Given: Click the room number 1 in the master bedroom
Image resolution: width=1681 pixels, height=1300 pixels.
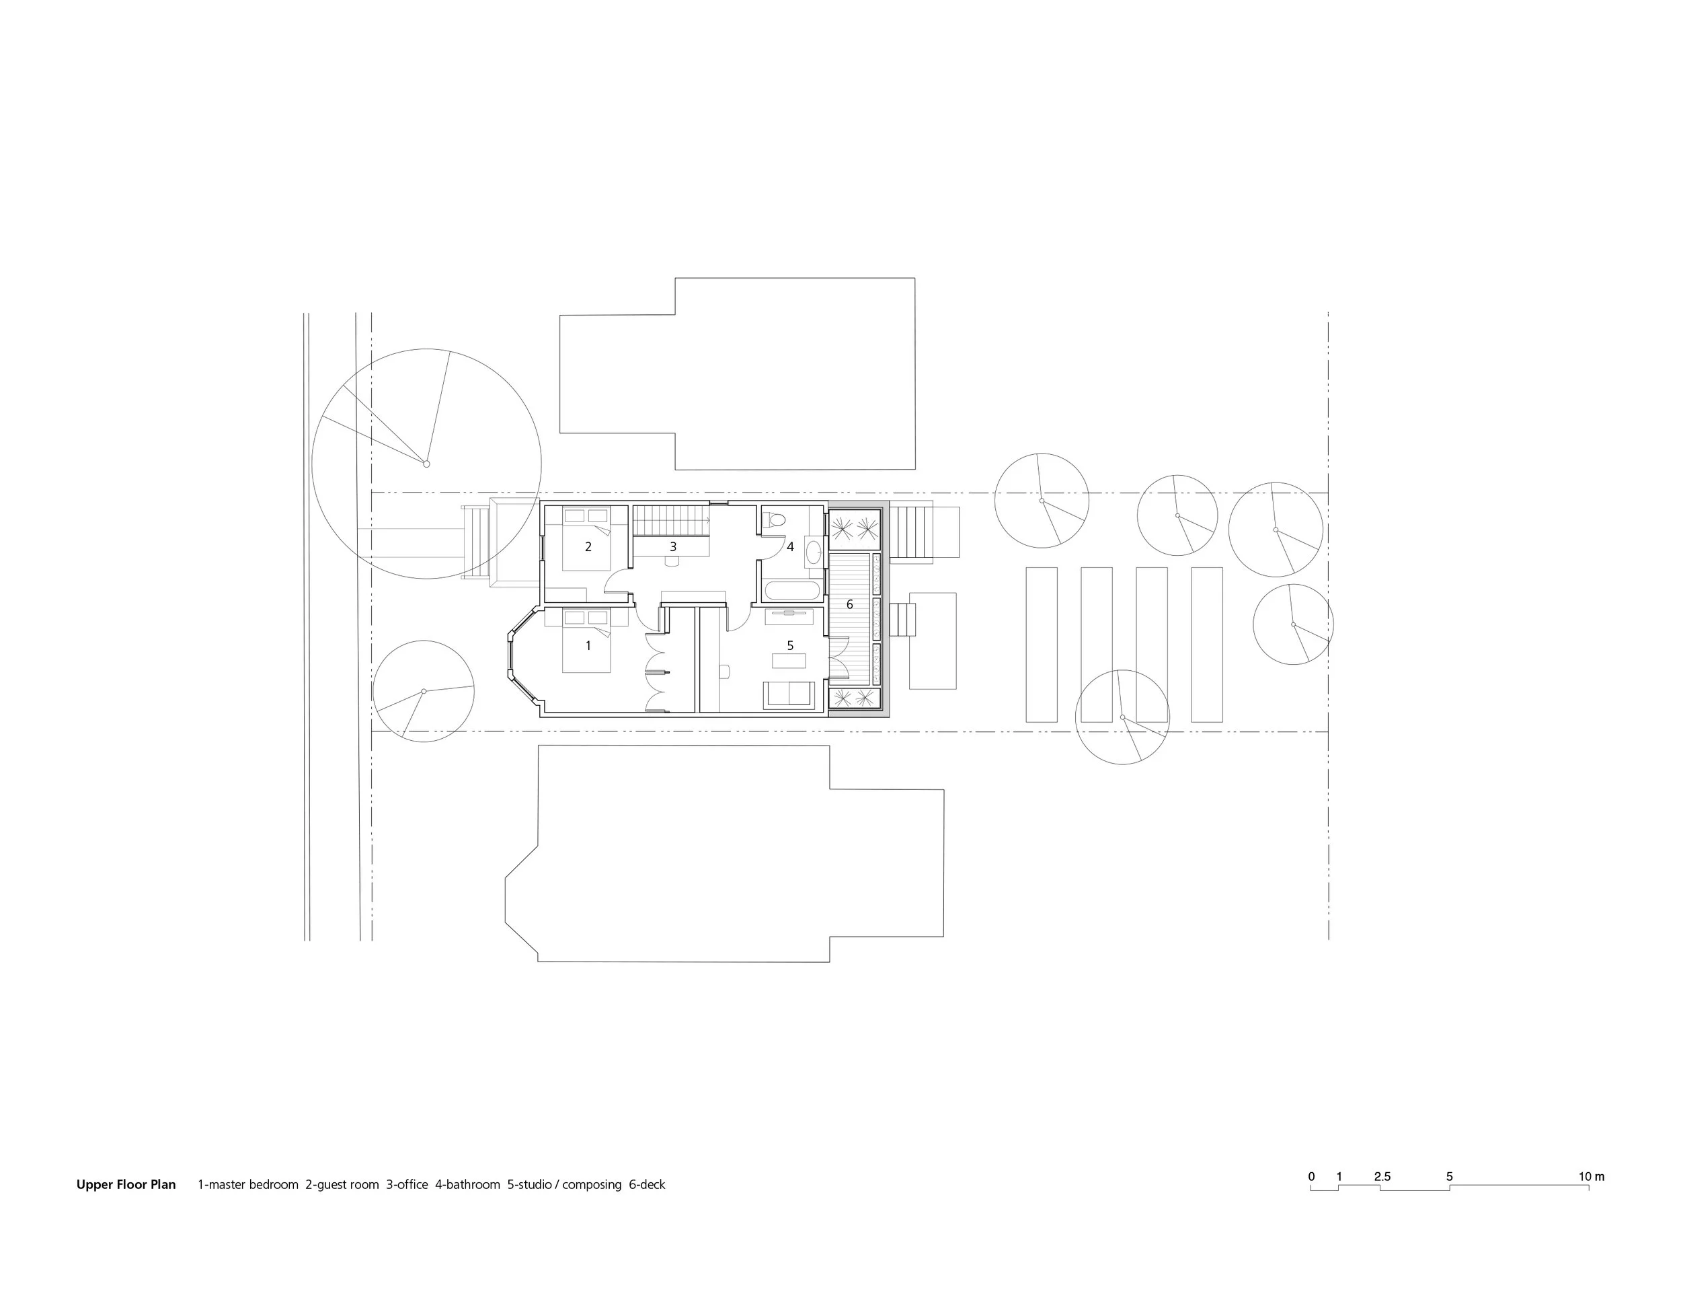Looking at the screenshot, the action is click(x=589, y=645).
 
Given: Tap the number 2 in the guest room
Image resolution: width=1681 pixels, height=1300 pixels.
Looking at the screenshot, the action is click(x=589, y=547).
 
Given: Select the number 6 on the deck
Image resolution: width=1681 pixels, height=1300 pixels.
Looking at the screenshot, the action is click(x=850, y=604).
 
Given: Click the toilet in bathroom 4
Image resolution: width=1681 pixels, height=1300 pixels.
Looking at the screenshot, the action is click(x=773, y=520).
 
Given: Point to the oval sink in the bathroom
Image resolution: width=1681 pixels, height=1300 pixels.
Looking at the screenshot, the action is click(x=814, y=551).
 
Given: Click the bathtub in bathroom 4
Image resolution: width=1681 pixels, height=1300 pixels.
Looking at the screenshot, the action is click(x=793, y=591).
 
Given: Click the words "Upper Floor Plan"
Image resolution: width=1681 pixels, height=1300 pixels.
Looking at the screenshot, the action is click(x=126, y=1184).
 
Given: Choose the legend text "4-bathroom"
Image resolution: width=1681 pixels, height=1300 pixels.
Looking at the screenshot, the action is click(x=468, y=1184).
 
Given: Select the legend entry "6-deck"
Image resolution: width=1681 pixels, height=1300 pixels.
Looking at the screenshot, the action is click(x=648, y=1184).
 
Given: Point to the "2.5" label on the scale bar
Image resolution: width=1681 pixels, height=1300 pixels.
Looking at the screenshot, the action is click(x=1382, y=1177).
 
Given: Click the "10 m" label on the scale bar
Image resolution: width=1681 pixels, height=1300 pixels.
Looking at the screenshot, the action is click(x=1592, y=1177).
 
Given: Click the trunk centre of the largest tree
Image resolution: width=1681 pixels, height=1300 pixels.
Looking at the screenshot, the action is click(x=427, y=464).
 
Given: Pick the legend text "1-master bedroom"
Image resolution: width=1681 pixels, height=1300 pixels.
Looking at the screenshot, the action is click(x=248, y=1184).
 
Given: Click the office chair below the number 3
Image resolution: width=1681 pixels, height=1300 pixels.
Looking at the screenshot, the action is click(x=672, y=561).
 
